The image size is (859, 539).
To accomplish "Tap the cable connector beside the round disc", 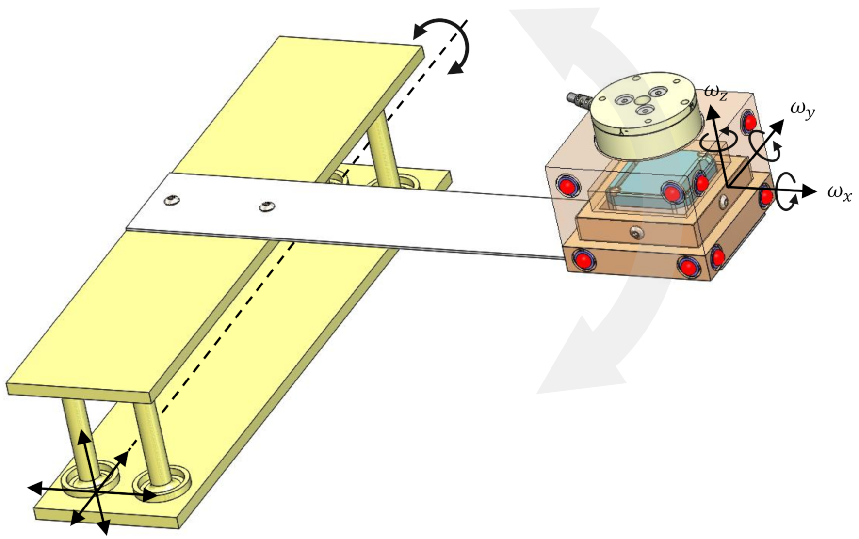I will (579, 100).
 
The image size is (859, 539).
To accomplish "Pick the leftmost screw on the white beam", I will (171, 200).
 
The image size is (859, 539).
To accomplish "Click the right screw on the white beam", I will (266, 206).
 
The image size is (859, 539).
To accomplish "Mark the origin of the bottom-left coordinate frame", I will (97, 492).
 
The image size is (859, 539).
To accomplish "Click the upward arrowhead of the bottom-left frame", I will (84, 437).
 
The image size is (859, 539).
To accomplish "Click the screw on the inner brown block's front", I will (636, 234).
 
